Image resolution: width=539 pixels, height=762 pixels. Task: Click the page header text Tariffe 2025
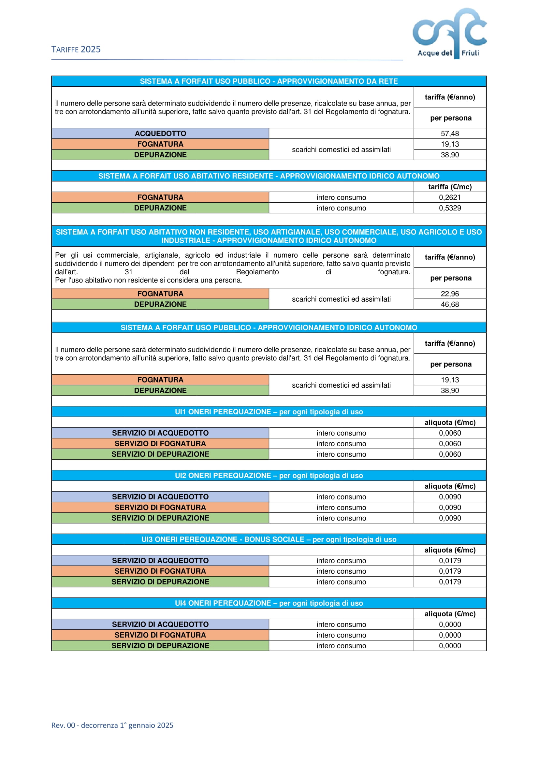click(76, 50)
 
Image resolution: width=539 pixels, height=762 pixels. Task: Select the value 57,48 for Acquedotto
click(450, 134)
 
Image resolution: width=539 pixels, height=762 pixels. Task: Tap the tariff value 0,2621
click(450, 197)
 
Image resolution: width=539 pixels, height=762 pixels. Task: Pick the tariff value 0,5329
click(450, 208)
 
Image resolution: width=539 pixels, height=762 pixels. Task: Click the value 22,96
click(450, 294)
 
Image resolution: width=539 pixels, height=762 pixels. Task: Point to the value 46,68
click(450, 304)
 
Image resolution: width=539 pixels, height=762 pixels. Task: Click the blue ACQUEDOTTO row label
click(160, 134)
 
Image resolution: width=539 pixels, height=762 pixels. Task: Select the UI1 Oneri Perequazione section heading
click(269, 412)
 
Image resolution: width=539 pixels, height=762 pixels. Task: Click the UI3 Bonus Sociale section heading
click(269, 539)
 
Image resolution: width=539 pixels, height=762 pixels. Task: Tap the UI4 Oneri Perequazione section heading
click(269, 603)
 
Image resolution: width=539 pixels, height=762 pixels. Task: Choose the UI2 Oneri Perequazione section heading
click(269, 476)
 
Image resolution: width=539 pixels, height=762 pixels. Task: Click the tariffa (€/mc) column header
click(450, 187)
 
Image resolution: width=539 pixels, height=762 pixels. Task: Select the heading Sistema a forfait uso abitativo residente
click(269, 176)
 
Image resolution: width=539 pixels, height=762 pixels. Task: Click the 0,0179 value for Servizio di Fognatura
click(450, 571)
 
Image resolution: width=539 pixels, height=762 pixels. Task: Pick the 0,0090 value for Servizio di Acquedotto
click(450, 497)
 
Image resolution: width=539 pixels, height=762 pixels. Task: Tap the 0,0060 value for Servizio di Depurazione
click(450, 454)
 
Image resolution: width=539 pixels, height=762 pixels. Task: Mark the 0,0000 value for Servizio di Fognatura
click(450, 635)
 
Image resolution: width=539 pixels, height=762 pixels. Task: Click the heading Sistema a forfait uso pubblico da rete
click(269, 81)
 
